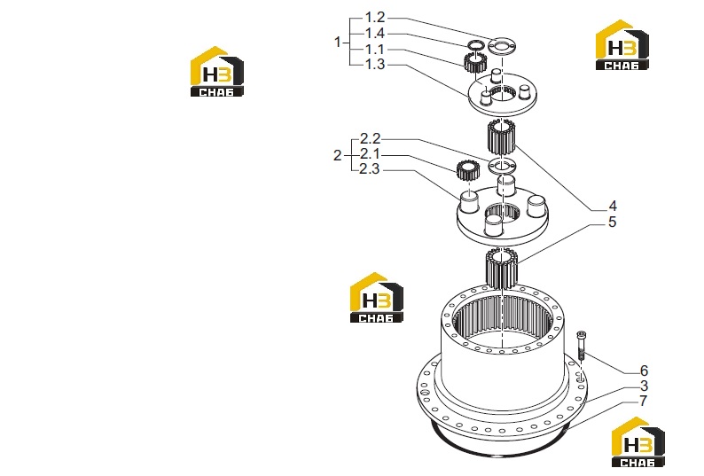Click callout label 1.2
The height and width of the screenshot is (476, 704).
tap(374, 18)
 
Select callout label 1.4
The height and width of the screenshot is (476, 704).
tap(374, 33)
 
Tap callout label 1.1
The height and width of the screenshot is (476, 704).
tap(374, 49)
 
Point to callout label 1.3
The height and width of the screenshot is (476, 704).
tap(374, 64)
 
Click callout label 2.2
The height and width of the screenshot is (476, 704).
tap(370, 138)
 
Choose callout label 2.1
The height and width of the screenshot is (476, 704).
tap(370, 154)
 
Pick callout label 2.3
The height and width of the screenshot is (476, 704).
tap(370, 169)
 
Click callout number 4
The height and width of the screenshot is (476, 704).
tap(613, 207)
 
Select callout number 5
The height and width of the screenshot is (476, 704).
tap(613, 222)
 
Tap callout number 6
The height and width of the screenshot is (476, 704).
tap(644, 371)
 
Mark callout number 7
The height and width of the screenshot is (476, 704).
tap(644, 401)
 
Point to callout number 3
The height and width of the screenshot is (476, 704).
tap(644, 386)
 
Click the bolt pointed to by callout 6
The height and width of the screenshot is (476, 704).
tap(582, 345)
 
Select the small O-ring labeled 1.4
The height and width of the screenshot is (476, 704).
tap(475, 44)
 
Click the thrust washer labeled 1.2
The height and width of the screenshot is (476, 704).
tap(502, 45)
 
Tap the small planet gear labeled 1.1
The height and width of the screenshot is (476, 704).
tap(474, 62)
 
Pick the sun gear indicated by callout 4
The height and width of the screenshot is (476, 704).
tap(500, 137)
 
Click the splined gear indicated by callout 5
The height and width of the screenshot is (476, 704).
tap(502, 269)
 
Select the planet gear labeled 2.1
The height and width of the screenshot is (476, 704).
tap(468, 171)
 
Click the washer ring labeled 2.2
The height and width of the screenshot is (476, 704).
tap(503, 166)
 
